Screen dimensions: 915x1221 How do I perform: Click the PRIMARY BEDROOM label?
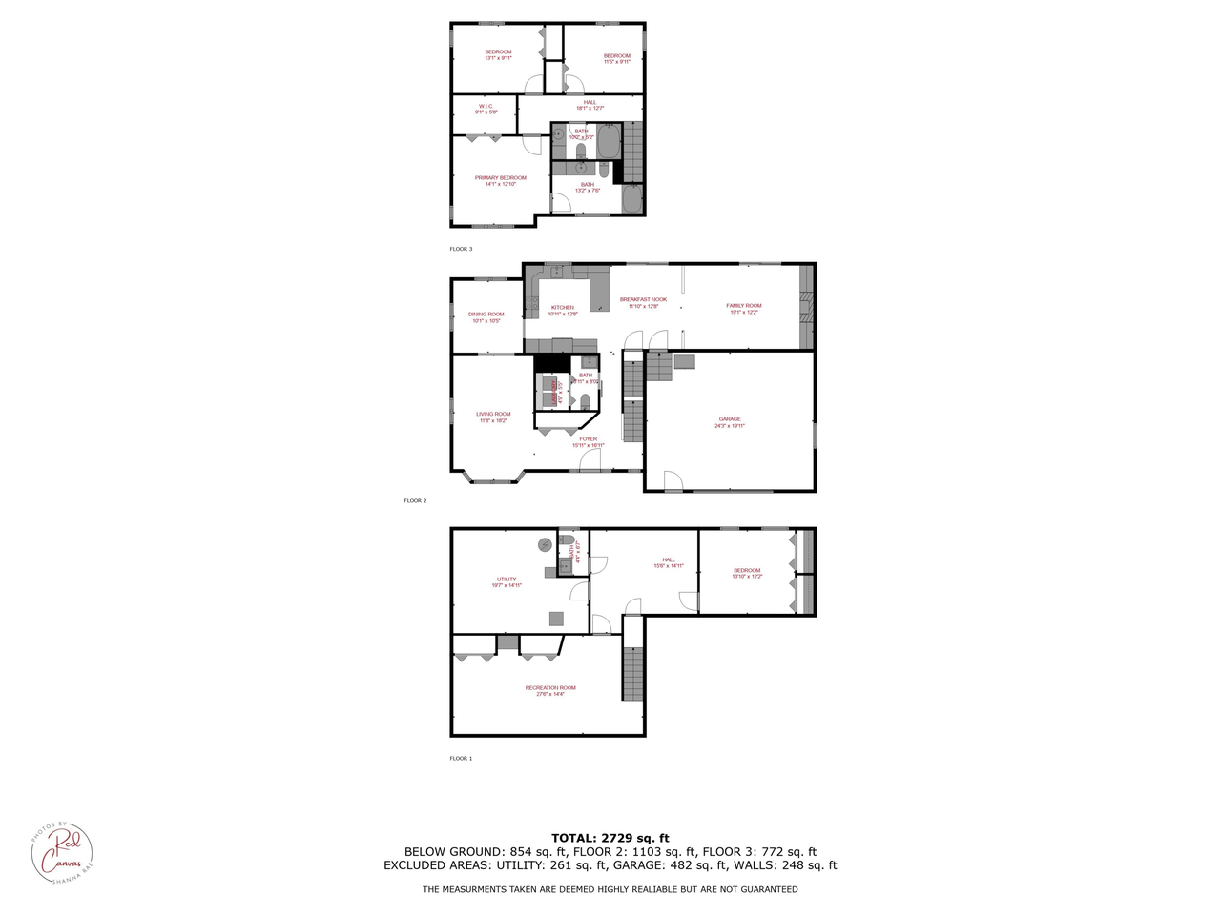click(x=500, y=178)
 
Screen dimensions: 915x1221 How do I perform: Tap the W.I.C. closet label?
click(x=486, y=107)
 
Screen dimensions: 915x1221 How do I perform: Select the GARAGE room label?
click(x=730, y=419)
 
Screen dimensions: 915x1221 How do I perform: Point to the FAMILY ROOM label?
click(x=744, y=306)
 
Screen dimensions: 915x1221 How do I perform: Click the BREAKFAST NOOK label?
click(x=643, y=299)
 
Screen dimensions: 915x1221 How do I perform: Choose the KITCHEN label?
click(x=563, y=308)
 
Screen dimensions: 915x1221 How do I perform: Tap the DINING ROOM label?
click(x=486, y=315)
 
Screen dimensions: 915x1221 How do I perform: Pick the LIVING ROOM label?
click(x=493, y=415)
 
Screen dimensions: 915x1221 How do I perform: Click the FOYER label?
click(x=588, y=439)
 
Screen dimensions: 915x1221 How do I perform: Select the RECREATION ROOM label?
click(x=550, y=688)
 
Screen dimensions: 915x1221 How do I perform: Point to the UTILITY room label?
click(x=506, y=579)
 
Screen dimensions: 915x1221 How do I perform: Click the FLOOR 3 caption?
click(x=461, y=249)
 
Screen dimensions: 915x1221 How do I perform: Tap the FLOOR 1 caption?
click(x=461, y=759)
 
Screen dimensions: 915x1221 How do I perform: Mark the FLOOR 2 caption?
click(x=415, y=500)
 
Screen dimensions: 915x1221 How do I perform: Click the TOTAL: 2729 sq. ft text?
click(x=610, y=838)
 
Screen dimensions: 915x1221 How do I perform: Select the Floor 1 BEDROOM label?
click(x=747, y=571)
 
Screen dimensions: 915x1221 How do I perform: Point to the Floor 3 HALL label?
click(x=590, y=103)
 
